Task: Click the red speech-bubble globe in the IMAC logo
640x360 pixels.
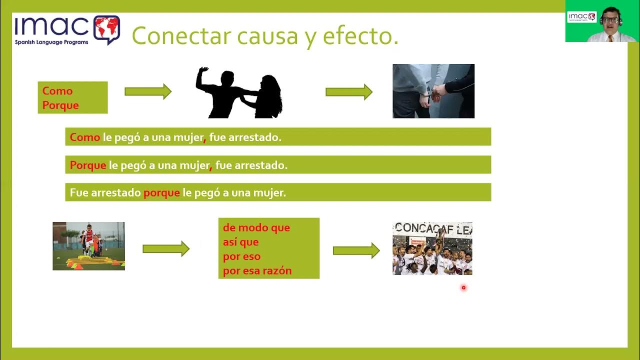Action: pos(106,29)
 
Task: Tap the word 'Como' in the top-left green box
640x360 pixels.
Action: pos(57,91)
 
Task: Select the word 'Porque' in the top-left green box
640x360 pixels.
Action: pos(60,105)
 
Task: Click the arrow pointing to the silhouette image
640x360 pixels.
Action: pos(147,91)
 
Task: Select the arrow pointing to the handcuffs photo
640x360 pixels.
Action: pos(348,92)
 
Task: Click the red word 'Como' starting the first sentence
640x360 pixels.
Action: pos(85,137)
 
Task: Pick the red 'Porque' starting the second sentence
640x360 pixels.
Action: pos(88,165)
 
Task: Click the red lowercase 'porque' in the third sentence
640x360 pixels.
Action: pos(161,192)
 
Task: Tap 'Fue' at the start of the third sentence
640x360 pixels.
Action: pos(79,192)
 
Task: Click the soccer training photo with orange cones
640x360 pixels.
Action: pos(88,246)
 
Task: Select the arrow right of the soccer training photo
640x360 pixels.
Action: pos(165,248)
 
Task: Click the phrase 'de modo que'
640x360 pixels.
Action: pos(256,228)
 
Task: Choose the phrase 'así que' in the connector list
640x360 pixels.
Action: pos(241,242)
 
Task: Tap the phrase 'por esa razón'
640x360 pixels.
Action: pos(257,271)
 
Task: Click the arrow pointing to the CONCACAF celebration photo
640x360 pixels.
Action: pos(356,250)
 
